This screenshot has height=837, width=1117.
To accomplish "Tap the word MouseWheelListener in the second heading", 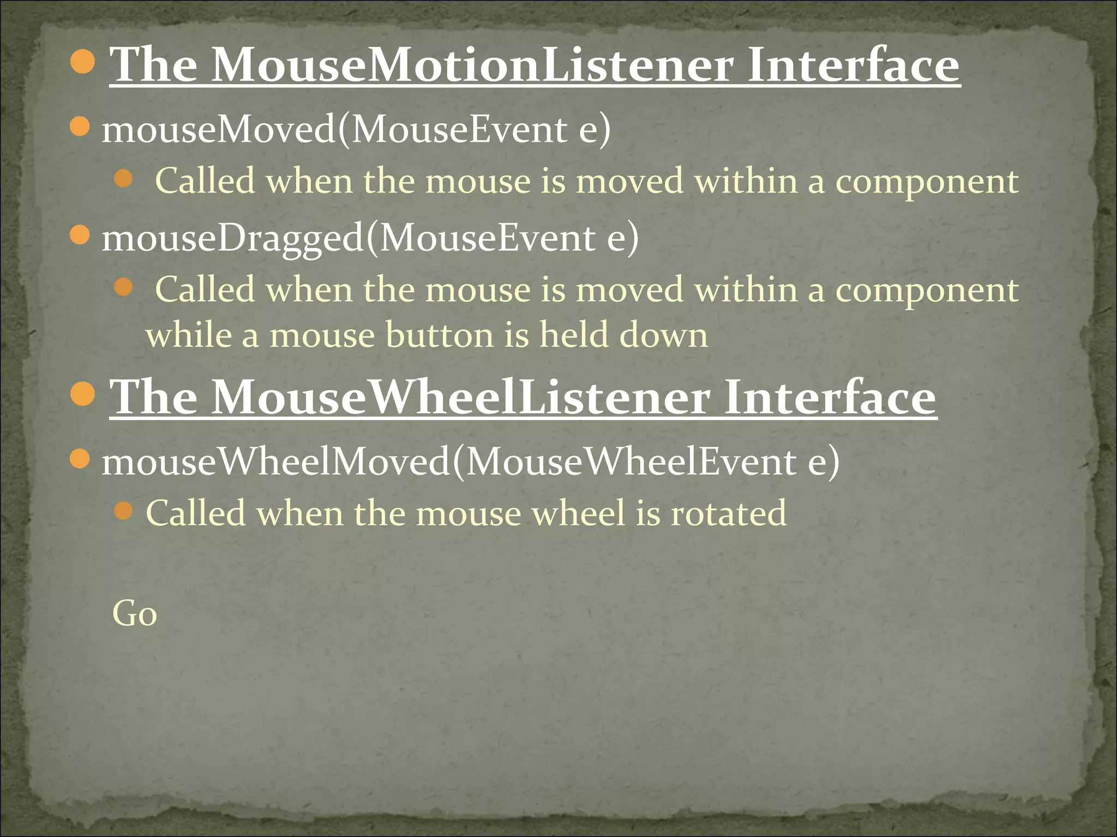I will point(461,398).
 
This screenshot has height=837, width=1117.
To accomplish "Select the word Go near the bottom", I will point(134,614).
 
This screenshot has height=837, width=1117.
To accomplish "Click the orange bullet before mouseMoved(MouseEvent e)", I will point(80,127).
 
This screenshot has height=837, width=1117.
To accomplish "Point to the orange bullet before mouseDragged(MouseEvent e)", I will point(80,235).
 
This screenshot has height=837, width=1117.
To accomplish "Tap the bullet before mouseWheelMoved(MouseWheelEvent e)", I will point(80,459).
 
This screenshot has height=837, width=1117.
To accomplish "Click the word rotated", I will point(729,513).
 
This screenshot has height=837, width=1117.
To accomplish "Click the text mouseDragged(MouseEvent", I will point(349,238).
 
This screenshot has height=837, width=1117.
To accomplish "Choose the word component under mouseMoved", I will point(927,181).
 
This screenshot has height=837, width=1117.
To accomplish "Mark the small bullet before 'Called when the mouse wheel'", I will point(124,511).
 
